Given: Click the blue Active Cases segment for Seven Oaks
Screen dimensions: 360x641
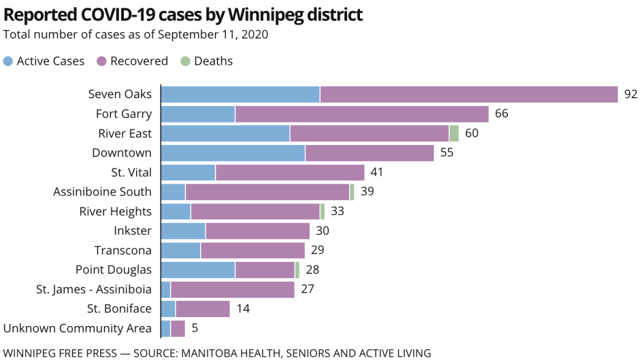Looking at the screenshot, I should pos(240,94).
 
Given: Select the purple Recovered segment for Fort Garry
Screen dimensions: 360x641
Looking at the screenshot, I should pos(362,114).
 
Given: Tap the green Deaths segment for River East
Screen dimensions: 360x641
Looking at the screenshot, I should pos(454,133).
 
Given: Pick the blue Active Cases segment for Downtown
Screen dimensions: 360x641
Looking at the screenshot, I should pos(232,153).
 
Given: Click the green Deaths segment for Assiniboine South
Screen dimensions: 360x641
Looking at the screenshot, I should pos(352,192).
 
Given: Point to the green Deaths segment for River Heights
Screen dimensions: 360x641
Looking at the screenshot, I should pos(322,211).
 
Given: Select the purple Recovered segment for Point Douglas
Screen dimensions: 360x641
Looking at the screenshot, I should pos(264,270).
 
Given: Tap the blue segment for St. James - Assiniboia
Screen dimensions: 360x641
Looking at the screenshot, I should pos(165,289).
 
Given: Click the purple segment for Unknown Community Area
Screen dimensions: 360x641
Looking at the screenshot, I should pos(178,329).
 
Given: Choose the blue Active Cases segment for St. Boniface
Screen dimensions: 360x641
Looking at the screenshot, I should pos(167,309).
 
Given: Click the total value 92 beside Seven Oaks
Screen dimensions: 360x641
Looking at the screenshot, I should pos(630,94).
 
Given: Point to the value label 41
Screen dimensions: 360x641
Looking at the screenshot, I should pos(377,173).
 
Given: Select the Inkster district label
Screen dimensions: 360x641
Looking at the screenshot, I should pos(132,231).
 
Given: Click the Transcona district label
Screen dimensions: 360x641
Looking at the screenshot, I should pos(123,250).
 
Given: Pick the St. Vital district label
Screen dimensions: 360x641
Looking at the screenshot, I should pos(131,172).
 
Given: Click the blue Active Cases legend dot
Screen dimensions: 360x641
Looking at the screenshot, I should pos(8,62).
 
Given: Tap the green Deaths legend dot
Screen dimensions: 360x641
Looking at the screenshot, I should pos(185,62).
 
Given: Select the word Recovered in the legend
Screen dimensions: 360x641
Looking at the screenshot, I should pos(139,62).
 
